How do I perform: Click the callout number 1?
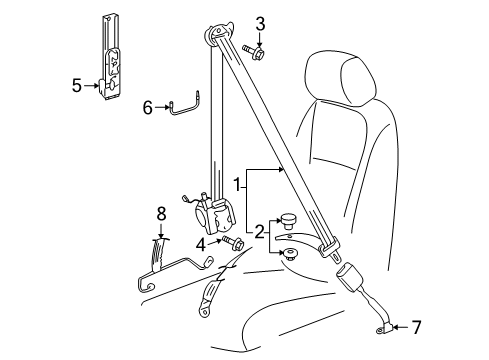click(237, 184)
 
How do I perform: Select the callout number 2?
click(259, 232)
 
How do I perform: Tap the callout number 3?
click(260, 24)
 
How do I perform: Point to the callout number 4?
click(201, 245)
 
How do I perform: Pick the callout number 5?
click(77, 86)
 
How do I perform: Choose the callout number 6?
click(148, 107)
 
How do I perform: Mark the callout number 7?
click(416, 327)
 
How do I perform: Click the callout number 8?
click(161, 214)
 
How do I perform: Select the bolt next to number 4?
click(233, 243)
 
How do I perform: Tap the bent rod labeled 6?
click(185, 106)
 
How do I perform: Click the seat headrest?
click(341, 77)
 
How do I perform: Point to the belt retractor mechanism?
click(214, 216)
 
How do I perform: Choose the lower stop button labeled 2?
click(289, 254)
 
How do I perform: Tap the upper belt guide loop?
click(219, 32)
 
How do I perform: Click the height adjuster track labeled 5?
click(111, 58)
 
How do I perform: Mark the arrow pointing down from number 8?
click(161, 231)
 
